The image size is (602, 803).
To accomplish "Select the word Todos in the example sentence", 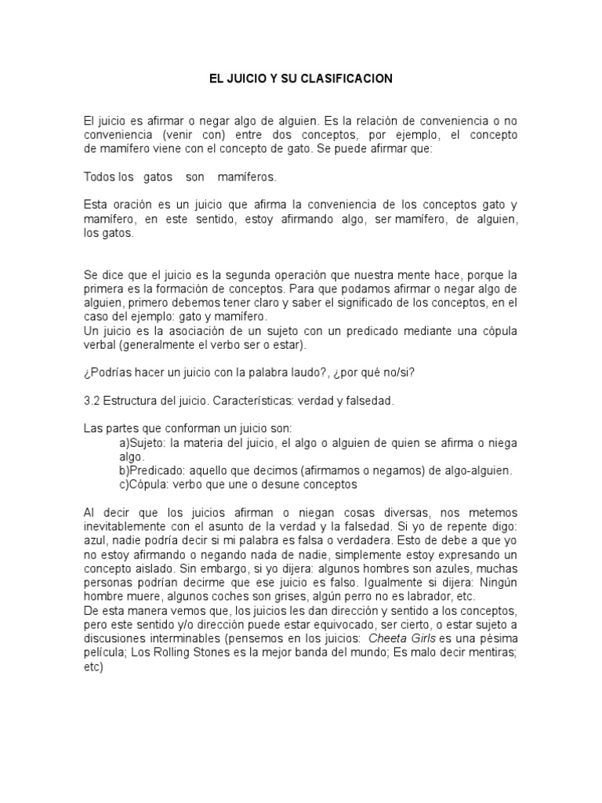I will [x=98, y=176].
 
